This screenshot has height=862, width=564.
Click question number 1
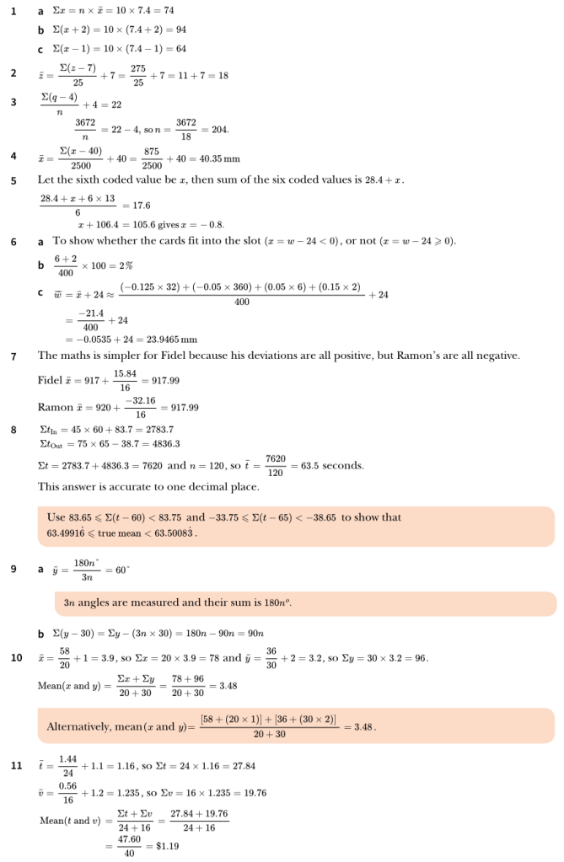(x=13, y=11)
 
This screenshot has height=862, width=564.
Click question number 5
(x=13, y=180)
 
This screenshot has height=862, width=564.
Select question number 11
(x=15, y=766)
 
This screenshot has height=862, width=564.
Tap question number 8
(x=13, y=430)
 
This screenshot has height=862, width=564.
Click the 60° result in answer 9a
(x=122, y=570)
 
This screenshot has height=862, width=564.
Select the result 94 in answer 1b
(x=180, y=29)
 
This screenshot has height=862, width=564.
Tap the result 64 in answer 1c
(x=180, y=49)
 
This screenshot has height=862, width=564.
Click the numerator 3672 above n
(x=85, y=123)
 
